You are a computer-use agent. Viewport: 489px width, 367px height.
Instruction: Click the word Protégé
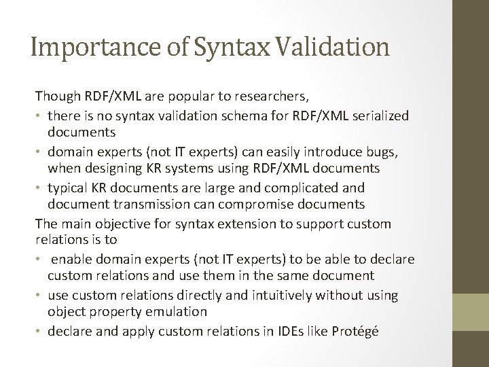[359, 330]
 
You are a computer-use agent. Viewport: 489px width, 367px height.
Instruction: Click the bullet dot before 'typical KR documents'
[39, 188]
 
